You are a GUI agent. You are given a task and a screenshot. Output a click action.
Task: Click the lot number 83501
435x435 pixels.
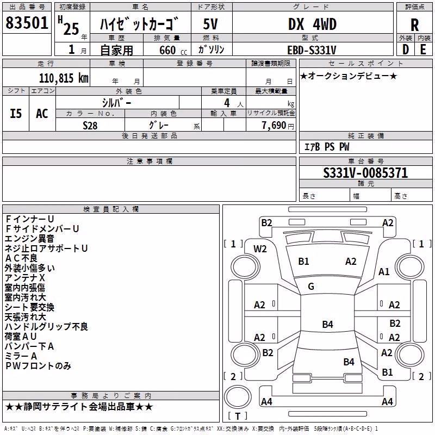(x=27, y=22)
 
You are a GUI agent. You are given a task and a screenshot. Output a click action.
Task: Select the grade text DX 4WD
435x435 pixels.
(x=312, y=24)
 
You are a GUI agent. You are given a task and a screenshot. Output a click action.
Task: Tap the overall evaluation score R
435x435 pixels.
(x=414, y=25)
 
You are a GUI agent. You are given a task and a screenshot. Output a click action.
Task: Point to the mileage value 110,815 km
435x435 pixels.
(x=64, y=78)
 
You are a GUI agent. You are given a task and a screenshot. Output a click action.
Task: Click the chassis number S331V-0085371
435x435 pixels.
(x=365, y=173)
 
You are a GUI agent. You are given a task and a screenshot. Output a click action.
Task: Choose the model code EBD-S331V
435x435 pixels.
(x=312, y=50)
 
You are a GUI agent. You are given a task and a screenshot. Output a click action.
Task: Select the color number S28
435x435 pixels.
(x=90, y=126)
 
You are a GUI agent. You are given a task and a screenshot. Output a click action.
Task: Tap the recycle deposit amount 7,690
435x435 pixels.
(x=274, y=126)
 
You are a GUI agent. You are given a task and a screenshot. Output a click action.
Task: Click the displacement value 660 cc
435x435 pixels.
(x=173, y=50)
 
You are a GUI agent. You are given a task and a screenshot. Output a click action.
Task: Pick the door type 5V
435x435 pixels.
(x=210, y=24)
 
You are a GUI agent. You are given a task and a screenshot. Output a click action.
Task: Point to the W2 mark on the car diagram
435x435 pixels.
(x=260, y=249)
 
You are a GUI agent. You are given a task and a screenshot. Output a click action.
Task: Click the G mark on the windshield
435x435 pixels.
(x=311, y=287)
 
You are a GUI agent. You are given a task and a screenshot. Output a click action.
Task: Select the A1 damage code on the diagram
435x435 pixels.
(x=384, y=271)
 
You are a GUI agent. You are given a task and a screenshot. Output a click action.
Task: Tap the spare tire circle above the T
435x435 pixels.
(x=238, y=397)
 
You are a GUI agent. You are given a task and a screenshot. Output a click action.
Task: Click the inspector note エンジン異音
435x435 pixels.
(x=29, y=239)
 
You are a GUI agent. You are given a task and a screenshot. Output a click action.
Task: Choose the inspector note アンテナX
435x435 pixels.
(x=24, y=278)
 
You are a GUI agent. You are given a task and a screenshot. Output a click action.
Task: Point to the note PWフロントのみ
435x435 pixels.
(x=38, y=366)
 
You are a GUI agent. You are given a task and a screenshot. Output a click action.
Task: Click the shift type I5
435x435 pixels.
(x=16, y=114)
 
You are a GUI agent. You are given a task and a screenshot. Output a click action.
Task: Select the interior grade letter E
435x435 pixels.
(x=423, y=49)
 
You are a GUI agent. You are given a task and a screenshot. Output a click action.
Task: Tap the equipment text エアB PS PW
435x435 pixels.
(x=327, y=147)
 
